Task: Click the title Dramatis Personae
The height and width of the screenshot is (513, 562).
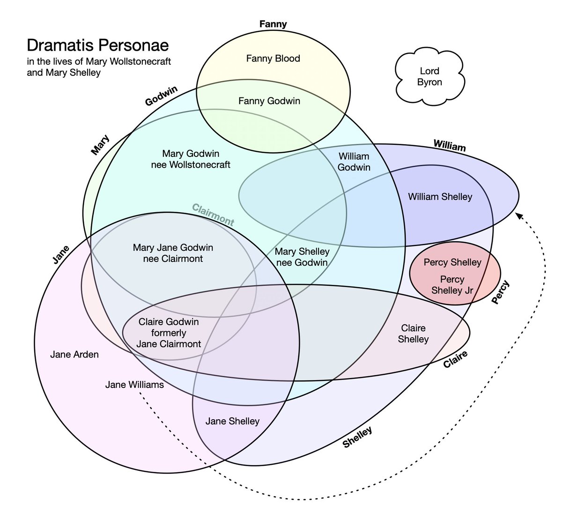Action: coord(98,46)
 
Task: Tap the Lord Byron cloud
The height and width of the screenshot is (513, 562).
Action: coord(429,77)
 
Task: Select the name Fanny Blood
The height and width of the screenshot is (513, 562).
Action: coord(273,59)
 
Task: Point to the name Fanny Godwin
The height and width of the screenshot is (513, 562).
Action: coord(269,101)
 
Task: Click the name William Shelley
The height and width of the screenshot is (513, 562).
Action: coord(440,197)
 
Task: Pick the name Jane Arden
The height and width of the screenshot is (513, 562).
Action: coord(74,355)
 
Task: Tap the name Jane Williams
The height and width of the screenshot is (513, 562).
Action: coord(134,385)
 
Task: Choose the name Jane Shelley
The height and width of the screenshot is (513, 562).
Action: coord(232,421)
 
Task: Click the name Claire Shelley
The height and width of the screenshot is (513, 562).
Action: coord(413,334)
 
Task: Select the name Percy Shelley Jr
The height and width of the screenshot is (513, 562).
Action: coord(452,285)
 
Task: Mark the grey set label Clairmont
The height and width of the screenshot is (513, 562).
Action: coord(213,215)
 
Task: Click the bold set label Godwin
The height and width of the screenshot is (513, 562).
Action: coord(161,96)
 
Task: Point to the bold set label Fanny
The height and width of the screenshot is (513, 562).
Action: coord(273,24)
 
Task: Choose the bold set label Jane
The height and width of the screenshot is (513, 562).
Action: coord(61,255)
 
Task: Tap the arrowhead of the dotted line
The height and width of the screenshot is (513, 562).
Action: coord(518,216)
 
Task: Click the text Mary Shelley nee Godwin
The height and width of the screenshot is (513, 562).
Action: coord(302,257)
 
